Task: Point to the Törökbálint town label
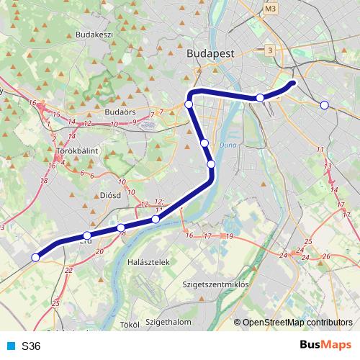click(77, 150)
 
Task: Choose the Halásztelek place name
click(147, 262)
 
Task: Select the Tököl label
click(129, 325)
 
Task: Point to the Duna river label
click(228, 145)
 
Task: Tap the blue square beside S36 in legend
click(11, 346)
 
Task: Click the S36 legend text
click(32, 346)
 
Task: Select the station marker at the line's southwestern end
click(35, 257)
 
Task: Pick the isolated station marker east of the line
click(324, 105)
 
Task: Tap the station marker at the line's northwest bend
click(189, 104)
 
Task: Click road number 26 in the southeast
click(325, 256)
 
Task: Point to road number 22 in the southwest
click(68, 270)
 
